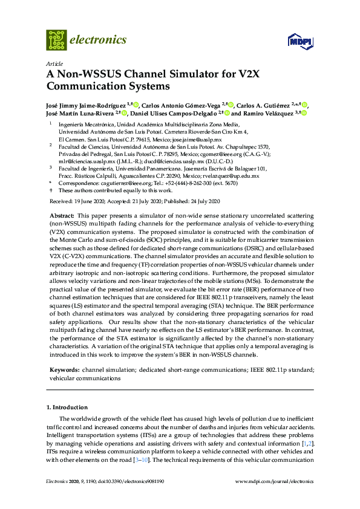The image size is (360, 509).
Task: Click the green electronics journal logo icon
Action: [56, 40]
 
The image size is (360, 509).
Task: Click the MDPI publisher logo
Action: [299, 41]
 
